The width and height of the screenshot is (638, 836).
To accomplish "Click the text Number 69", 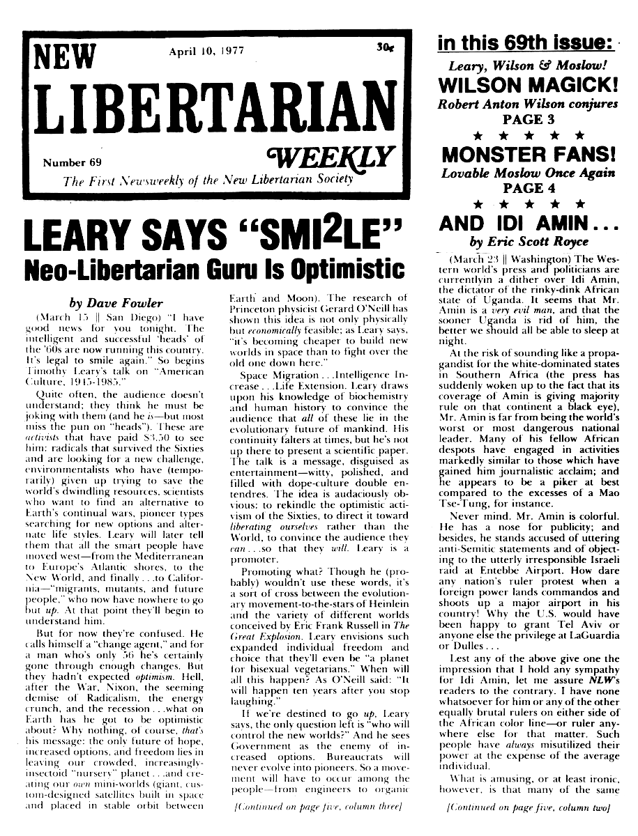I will [72, 164].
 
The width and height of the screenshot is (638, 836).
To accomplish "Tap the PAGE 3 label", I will [527, 119].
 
